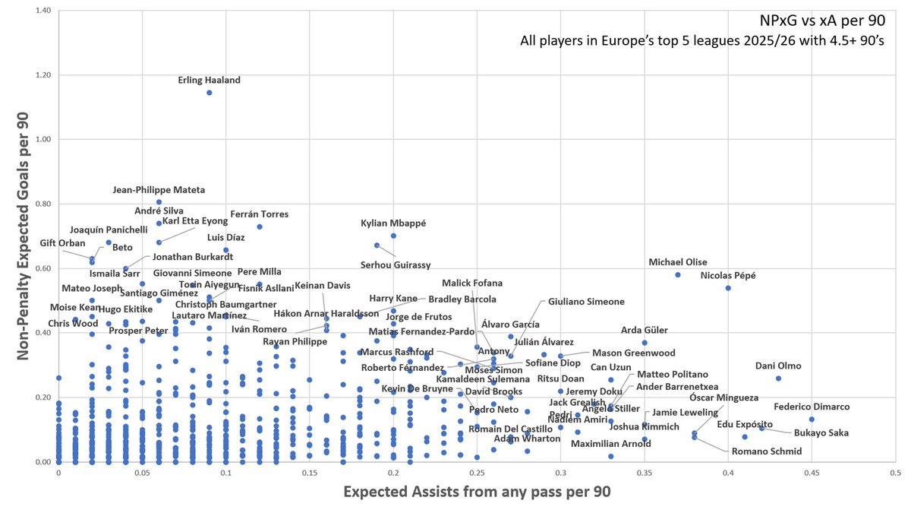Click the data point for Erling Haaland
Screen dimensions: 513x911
click(x=209, y=93)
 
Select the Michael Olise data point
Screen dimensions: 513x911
click(x=678, y=274)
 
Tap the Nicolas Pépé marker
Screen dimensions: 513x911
click(x=728, y=288)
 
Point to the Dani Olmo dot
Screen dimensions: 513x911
click(x=778, y=378)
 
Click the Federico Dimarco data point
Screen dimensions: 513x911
click(x=812, y=420)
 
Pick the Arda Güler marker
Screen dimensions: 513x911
click(x=645, y=343)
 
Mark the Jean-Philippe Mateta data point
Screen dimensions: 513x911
click(x=159, y=202)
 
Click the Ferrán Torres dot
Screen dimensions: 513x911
click(x=260, y=226)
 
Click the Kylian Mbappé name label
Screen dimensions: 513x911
click(x=393, y=223)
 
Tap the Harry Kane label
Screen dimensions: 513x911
click(x=393, y=298)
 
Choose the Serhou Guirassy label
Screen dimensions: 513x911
click(x=395, y=264)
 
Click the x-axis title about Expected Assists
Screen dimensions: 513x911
click(x=477, y=492)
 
